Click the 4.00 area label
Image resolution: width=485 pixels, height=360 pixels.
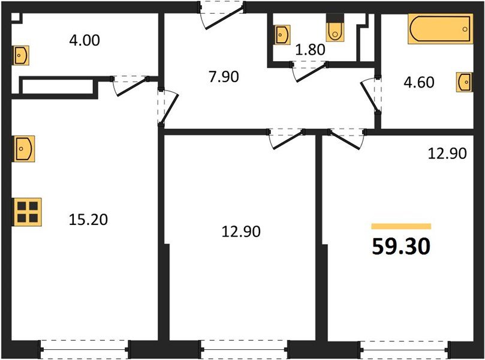(85, 41)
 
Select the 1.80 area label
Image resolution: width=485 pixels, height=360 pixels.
(311, 50)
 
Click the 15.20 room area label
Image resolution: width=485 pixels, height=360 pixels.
(88, 220)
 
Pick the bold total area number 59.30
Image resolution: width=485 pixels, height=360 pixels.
(401, 247)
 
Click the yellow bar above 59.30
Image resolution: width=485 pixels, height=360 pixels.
(401, 226)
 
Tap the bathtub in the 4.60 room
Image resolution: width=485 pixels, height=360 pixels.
(439, 29)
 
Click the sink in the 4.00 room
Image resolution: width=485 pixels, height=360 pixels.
(21, 55)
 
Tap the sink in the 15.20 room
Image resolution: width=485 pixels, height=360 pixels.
(24, 148)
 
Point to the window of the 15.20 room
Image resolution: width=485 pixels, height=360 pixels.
(84, 347)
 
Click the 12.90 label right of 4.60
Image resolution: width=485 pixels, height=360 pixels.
(446, 154)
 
